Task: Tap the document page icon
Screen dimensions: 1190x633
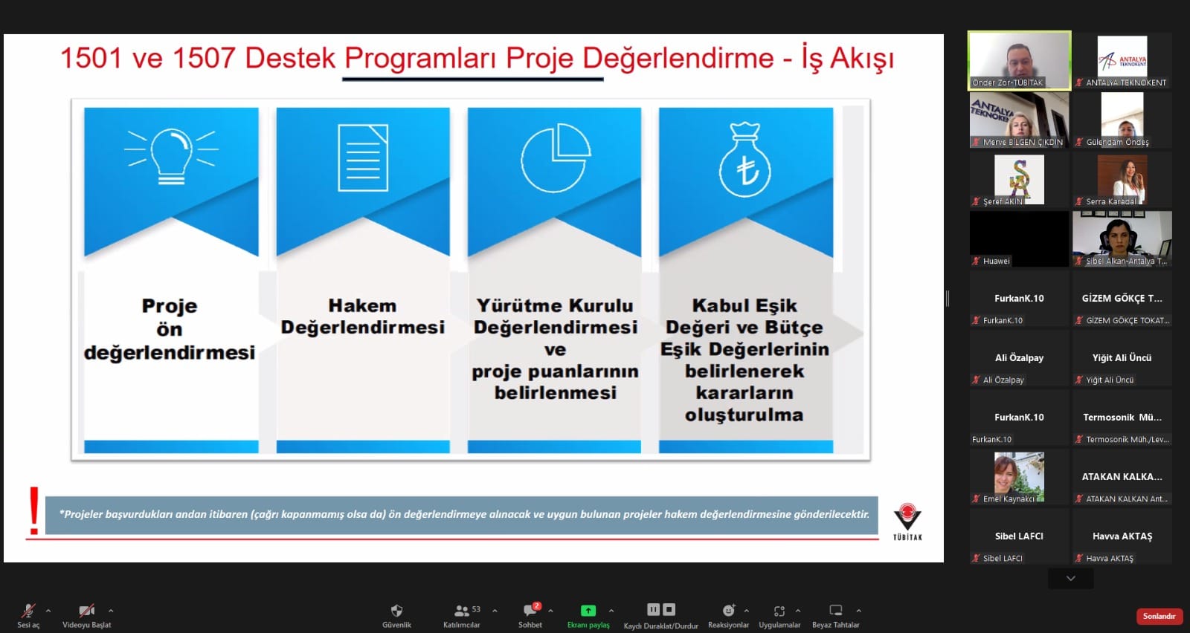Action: (363, 158)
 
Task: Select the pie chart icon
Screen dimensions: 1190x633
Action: (555, 158)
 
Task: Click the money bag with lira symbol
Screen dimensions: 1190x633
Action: (744, 160)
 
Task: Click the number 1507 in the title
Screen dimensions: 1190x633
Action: (204, 58)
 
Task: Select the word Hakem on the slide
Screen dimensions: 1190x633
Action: (362, 305)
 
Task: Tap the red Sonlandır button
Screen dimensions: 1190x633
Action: (1159, 616)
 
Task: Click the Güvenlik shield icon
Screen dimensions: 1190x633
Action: (396, 610)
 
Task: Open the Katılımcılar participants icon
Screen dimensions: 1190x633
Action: (461, 611)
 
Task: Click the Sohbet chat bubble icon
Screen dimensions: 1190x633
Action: (530, 610)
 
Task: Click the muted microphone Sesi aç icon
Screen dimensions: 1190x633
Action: (28, 611)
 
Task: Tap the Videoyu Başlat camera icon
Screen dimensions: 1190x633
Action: (86, 611)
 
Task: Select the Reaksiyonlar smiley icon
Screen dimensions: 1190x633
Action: (728, 610)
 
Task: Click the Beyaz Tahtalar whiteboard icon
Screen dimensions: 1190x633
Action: (836, 610)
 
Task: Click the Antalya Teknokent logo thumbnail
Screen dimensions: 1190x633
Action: (1122, 56)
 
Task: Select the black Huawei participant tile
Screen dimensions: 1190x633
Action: (1019, 238)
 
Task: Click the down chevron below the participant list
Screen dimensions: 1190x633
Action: (1070, 578)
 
